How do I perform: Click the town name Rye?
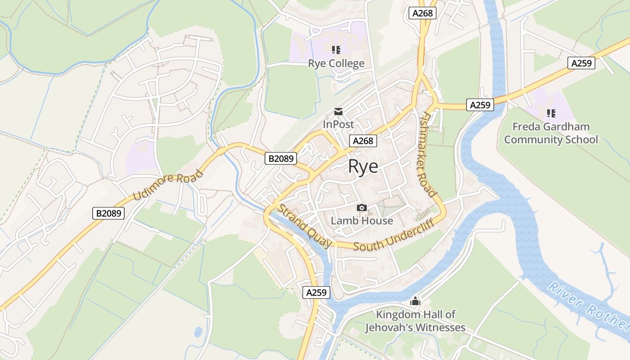[x=363, y=166]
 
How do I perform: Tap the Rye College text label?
[x=336, y=63]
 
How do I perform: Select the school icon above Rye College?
[x=336, y=49]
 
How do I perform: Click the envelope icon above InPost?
[x=338, y=112]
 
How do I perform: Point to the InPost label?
[x=338, y=124]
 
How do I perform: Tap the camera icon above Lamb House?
[x=361, y=207]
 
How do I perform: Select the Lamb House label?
[x=362, y=220]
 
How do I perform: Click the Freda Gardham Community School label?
[x=551, y=133]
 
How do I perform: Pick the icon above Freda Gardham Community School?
[x=551, y=113]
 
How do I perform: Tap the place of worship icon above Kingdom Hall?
[x=415, y=301]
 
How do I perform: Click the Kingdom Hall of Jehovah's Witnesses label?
[x=415, y=321]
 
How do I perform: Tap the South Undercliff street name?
[x=393, y=235]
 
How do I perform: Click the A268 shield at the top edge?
[x=423, y=13]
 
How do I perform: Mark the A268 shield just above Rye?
[x=363, y=141]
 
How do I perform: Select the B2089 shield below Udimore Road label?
[x=108, y=213]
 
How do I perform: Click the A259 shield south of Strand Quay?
[x=316, y=292]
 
